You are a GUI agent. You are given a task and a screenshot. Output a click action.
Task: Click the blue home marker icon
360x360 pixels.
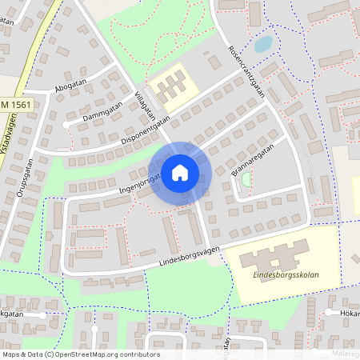[x=180, y=172]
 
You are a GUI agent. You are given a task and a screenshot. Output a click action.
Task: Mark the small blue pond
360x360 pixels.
[x=262, y=44]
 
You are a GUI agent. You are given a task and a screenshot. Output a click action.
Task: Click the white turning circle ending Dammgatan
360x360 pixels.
[x=66, y=126]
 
